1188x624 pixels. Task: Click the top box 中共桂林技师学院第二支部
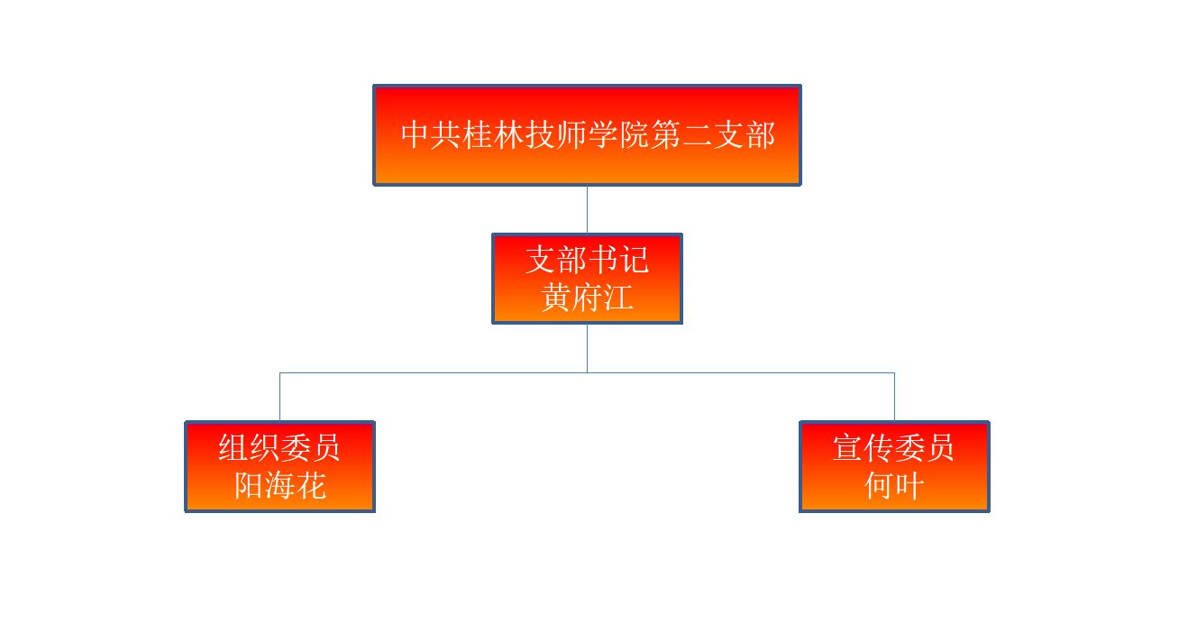587,135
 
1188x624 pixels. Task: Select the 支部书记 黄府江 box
587,279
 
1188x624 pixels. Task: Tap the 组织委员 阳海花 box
280,467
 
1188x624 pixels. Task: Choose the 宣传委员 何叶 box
895,467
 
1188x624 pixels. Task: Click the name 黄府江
587,298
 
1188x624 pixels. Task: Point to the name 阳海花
280,485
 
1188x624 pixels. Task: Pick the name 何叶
895,485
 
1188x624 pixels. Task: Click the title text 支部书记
587,260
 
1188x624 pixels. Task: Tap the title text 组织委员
279,448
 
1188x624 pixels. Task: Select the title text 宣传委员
894,448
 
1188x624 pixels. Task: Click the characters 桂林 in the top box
493,134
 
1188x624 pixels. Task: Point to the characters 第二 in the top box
681,134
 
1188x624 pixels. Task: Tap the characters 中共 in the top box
431,134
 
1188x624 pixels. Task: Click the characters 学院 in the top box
619,134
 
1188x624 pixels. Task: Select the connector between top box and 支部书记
587,209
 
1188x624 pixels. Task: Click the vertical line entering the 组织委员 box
280,397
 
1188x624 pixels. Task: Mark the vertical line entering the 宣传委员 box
895,397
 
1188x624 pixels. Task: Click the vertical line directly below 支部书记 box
587,348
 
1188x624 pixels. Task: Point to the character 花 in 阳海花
311,485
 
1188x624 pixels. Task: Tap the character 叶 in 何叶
910,485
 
